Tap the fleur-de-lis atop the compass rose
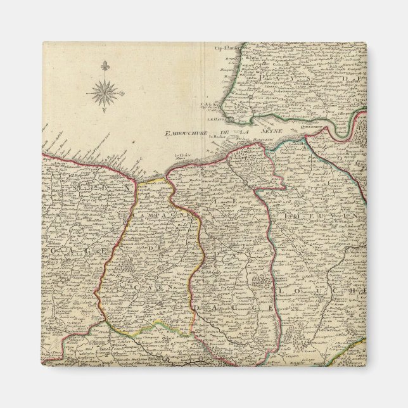(x=103, y=65)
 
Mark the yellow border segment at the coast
(x=153, y=180)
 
